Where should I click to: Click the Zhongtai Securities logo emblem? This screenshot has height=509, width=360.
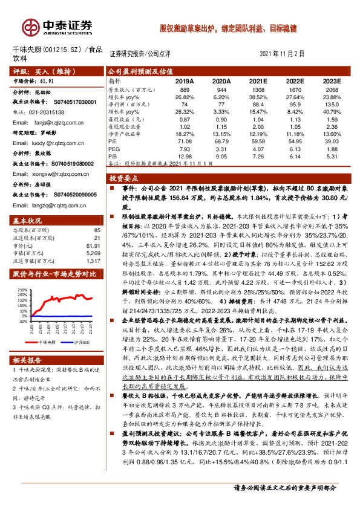click(30, 27)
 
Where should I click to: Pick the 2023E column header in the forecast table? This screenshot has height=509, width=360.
click(330, 80)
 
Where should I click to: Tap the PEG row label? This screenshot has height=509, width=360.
click(114, 148)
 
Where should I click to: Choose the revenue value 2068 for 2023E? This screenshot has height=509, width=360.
click(332, 89)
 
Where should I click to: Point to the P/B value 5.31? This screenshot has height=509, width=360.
click(332, 156)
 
